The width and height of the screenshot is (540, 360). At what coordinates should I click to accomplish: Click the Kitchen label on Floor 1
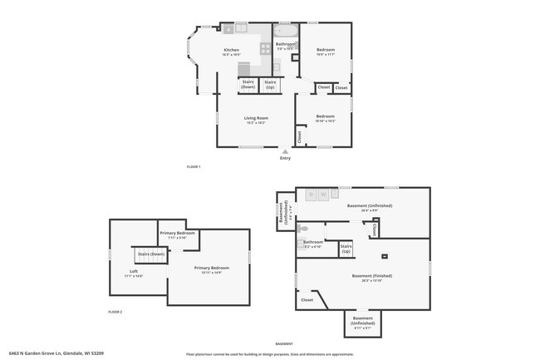click(231, 52)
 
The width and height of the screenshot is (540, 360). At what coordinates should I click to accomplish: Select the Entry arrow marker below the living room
click(285, 152)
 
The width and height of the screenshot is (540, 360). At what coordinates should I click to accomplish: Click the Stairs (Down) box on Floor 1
click(248, 84)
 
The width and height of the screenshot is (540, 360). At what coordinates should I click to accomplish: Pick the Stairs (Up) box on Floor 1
click(270, 84)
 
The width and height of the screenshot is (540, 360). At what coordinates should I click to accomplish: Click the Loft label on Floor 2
click(133, 272)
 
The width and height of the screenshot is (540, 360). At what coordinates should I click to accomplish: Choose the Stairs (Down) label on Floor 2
click(150, 254)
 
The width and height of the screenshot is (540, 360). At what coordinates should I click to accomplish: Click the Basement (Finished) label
click(371, 277)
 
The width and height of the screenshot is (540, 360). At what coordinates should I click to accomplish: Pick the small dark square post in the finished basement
click(384, 256)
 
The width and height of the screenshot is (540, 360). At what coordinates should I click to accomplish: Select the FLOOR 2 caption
click(115, 312)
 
